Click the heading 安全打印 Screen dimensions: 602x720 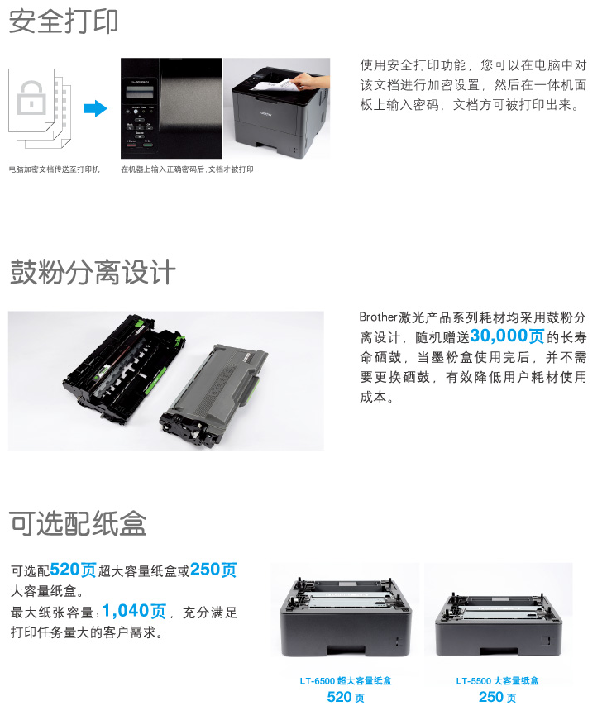(x=64, y=21)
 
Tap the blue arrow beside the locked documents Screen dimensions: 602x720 (x=95, y=109)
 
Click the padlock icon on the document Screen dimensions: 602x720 (x=31, y=98)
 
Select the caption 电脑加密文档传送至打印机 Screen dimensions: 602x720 (x=55, y=169)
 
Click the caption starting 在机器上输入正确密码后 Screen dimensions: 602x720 (x=187, y=169)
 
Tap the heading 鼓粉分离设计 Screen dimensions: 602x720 (x=93, y=272)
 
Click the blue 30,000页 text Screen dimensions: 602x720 (x=507, y=336)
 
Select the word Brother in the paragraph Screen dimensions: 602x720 (x=379, y=317)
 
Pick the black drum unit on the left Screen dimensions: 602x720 (x=123, y=365)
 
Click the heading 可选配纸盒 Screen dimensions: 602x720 (x=78, y=523)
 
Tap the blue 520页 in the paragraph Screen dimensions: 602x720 (x=73, y=570)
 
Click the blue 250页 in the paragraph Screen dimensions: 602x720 (x=213, y=570)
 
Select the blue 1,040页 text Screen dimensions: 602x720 (x=134, y=611)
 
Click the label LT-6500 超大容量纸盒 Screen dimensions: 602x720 (x=346, y=681)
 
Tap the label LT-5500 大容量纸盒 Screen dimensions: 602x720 (x=497, y=681)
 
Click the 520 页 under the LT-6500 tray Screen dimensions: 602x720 (x=346, y=697)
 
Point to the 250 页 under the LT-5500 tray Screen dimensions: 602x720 (x=497, y=697)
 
